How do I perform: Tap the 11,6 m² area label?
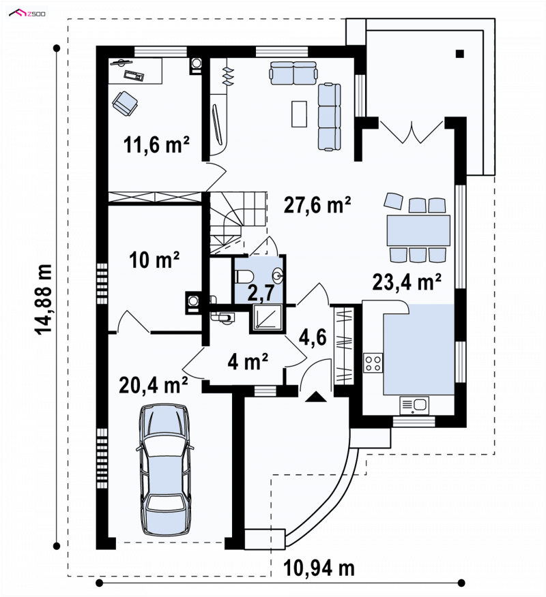tap(156, 144)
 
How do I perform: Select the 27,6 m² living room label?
tap(317, 204)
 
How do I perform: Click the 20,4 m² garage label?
tap(154, 385)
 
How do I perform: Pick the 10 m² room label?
tap(154, 260)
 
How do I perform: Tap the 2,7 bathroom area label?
tap(261, 294)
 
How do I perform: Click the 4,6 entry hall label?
tap(313, 337)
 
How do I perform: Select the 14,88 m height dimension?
tap(44, 300)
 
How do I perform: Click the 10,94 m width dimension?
tap(319, 568)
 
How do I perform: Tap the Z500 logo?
tap(27, 14)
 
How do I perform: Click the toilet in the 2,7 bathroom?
tap(242, 277)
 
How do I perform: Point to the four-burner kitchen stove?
tap(373, 363)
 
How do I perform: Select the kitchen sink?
tap(414, 405)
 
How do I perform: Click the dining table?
tap(418, 230)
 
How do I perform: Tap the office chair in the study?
tap(125, 103)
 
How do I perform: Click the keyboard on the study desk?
tap(134, 76)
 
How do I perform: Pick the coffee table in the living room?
tap(300, 114)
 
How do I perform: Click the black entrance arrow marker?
tap(316, 397)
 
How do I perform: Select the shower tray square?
tap(267, 317)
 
